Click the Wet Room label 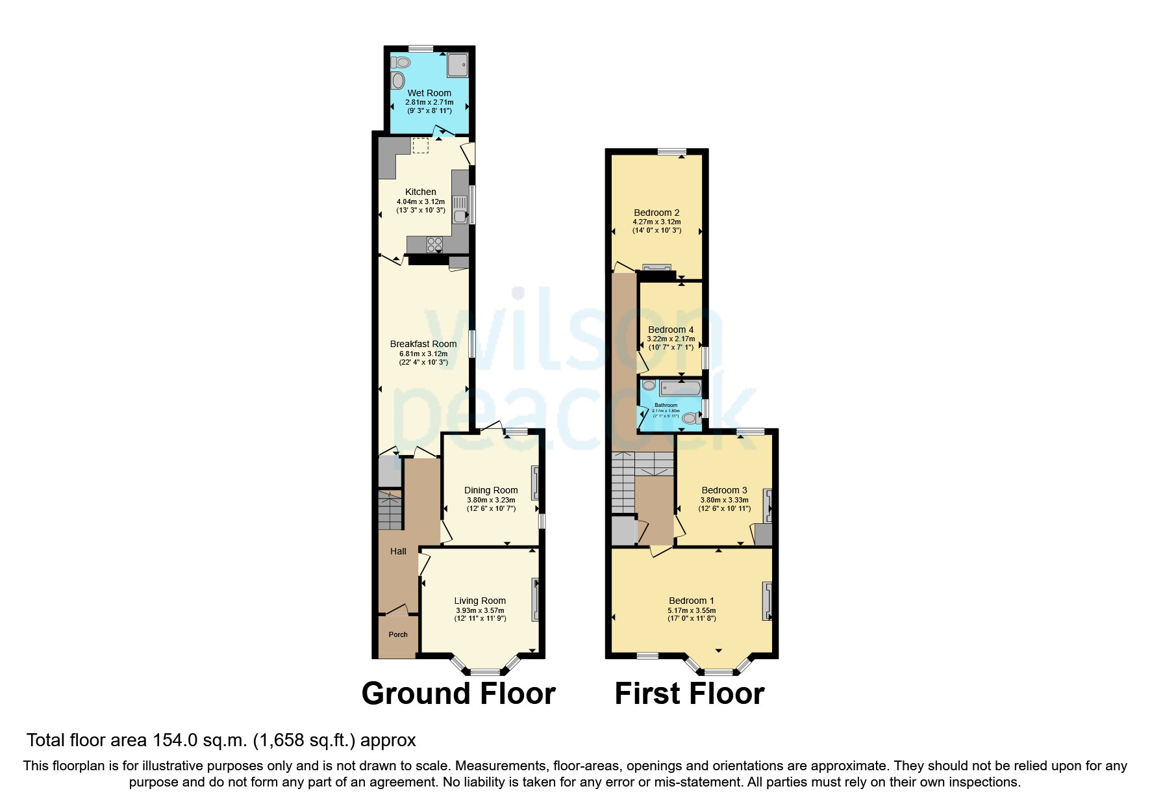click(429, 93)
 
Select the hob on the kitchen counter click(434, 245)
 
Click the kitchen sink click(460, 210)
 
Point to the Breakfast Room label click(423, 344)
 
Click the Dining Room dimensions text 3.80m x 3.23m click(491, 500)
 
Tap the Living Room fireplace click(535, 599)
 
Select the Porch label click(398, 634)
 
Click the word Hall click(398, 551)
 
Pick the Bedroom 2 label click(656, 213)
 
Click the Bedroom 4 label click(671, 330)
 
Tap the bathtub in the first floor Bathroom click(680, 389)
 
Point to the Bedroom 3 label click(724, 490)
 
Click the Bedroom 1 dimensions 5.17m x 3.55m click(692, 610)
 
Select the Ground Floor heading click(458, 694)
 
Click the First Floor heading click(689, 694)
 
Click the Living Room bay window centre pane click(485, 671)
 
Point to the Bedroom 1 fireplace click(767, 600)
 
